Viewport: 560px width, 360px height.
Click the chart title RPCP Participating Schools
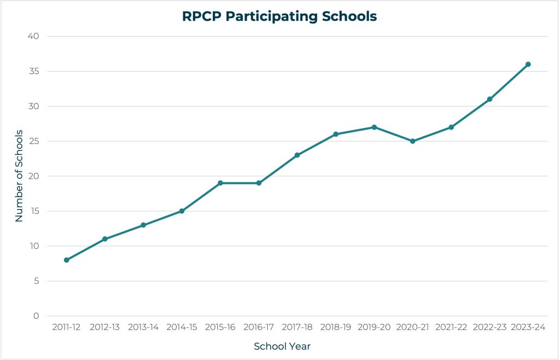279,16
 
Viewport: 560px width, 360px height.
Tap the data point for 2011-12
67,260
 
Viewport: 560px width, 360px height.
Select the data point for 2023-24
528,65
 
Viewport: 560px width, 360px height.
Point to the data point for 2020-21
412,141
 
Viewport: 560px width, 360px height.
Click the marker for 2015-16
220,183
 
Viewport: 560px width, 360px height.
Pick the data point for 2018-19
336,134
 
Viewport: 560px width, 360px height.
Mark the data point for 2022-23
489,99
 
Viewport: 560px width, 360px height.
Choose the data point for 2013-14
143,225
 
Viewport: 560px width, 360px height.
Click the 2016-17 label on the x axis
259,327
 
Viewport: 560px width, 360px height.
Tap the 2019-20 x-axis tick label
374,327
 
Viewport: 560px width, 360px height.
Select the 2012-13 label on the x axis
105,327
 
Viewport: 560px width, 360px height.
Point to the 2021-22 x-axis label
451,327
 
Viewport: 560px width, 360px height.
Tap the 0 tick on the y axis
37,316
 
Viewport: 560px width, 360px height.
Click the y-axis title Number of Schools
19,176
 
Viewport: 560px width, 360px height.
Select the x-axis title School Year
282,346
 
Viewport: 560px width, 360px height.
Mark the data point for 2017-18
297,155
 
